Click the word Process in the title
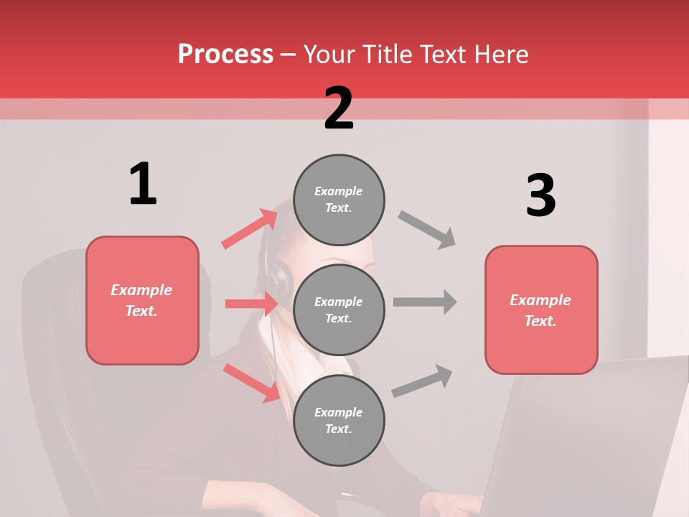225,54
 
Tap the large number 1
143,185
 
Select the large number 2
339,108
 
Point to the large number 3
540,196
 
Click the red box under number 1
142,300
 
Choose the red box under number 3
541,309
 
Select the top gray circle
339,200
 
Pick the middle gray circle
339,309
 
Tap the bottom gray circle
339,420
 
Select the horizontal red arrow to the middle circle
251,304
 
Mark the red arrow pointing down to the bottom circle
252,383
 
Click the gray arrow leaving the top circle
427,230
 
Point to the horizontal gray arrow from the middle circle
425,302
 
